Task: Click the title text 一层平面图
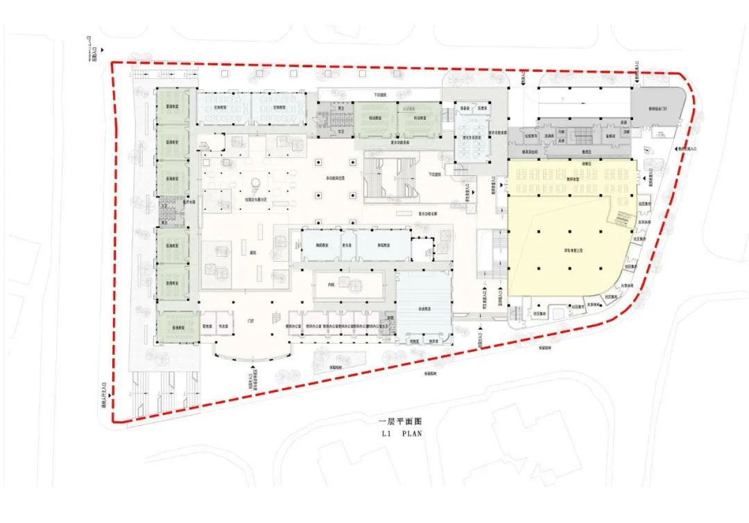tap(400, 421)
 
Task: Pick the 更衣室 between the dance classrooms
tap(345, 246)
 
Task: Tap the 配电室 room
tap(206, 325)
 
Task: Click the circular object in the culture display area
tap(256, 183)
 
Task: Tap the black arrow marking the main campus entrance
tap(253, 367)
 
